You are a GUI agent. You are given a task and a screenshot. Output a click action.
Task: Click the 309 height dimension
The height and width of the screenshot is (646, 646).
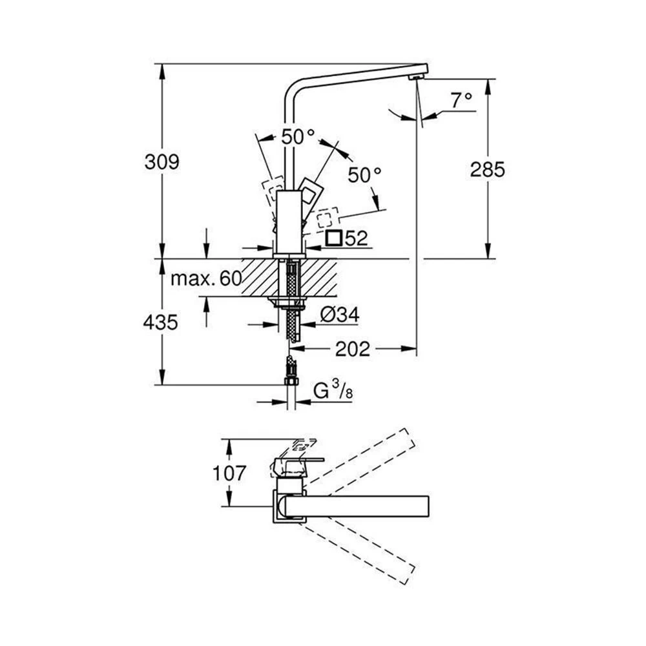coord(161,161)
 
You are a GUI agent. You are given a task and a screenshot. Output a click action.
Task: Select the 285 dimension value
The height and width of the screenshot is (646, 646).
coord(487,170)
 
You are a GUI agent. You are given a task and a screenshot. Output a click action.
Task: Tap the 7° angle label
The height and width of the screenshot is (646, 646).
coord(461,100)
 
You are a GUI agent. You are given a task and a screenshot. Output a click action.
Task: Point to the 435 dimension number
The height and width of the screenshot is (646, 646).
coord(160,321)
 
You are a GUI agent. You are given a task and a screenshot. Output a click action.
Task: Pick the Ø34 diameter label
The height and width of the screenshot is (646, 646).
coord(340,315)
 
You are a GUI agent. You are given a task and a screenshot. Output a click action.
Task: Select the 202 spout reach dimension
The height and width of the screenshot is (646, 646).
coord(353,349)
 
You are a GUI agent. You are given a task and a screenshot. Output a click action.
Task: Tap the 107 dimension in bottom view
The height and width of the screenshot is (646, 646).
coord(229,474)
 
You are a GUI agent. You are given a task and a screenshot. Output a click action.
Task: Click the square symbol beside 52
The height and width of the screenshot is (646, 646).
coord(333,238)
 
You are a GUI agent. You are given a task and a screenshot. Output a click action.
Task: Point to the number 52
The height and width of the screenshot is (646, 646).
coord(356,238)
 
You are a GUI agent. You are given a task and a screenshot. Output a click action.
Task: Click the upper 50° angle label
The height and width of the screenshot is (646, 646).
coord(297,137)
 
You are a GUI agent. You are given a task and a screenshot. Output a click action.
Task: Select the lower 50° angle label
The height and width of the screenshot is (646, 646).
coord(364,174)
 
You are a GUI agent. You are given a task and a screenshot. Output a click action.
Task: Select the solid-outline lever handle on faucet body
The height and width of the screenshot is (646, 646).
coord(311,193)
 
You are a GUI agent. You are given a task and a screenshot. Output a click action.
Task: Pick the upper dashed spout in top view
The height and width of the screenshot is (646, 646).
coord(362,463)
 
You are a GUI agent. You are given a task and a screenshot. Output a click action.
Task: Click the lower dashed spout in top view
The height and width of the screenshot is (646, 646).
coord(362,549)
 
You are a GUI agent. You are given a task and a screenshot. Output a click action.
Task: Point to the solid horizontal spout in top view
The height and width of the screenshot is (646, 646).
coord(362,506)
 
